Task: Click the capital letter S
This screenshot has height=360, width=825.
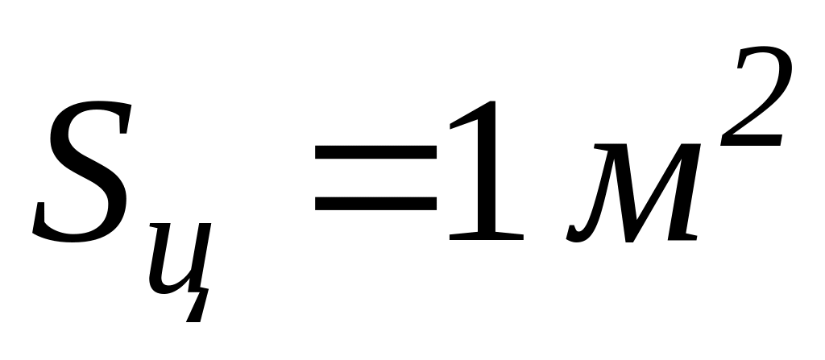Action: (81, 173)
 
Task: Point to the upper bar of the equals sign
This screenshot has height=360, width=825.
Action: (375, 151)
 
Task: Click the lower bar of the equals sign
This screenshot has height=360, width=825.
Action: (375, 205)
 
